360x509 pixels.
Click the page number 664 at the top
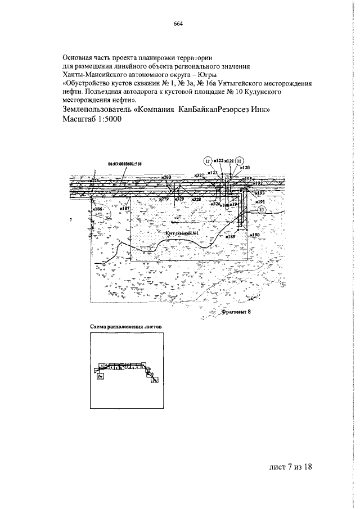[179, 24]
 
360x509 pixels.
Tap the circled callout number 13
[262, 210]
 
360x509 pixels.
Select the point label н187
[124, 209]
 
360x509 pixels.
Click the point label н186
[97, 209]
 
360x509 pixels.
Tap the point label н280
[165, 177]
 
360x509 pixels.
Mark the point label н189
[231, 237]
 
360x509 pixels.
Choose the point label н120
[244, 168]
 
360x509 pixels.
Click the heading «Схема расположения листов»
[126, 326]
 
